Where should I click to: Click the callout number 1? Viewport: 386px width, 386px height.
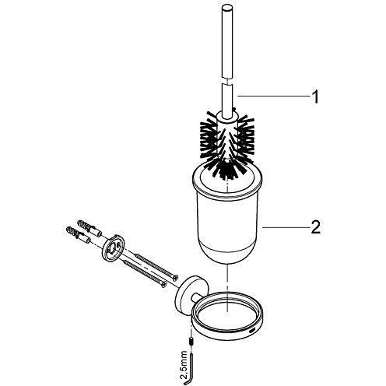[314, 97]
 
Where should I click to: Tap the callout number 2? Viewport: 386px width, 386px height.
[315, 227]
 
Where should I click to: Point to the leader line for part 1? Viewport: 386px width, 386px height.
[273, 96]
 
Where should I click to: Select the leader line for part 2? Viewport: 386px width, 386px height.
[286, 227]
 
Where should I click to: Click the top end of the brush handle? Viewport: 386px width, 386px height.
[227, 8]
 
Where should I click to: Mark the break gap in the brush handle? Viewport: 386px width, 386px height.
[227, 81]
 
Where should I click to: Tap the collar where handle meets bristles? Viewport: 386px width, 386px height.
[227, 116]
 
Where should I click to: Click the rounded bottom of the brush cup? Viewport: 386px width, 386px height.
[227, 257]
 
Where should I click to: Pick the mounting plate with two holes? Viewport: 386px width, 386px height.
[113, 247]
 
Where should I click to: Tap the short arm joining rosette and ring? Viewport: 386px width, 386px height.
[198, 298]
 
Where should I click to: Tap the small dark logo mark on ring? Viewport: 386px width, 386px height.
[252, 332]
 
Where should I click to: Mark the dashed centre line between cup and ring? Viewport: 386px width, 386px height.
[227, 287]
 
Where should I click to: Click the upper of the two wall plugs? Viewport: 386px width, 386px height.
[88, 227]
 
